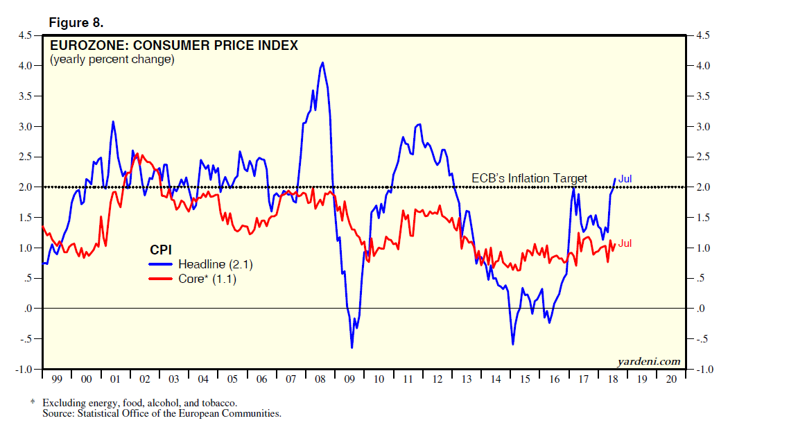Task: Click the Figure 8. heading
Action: tap(76, 23)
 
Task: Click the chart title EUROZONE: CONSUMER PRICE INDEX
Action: tap(174, 46)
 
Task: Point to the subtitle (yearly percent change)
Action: tap(112, 60)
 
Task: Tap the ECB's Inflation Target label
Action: tap(530, 178)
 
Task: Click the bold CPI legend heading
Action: tap(161, 249)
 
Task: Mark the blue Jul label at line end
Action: tap(625, 179)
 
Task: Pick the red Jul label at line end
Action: tap(625, 243)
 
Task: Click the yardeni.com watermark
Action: tap(648, 361)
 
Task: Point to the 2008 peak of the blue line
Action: tap(322, 63)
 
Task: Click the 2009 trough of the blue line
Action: tap(352, 347)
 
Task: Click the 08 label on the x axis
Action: tap(320, 380)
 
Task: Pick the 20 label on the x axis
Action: tap(670, 380)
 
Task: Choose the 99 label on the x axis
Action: tap(57, 380)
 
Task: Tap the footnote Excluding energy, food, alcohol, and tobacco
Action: tap(139, 403)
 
